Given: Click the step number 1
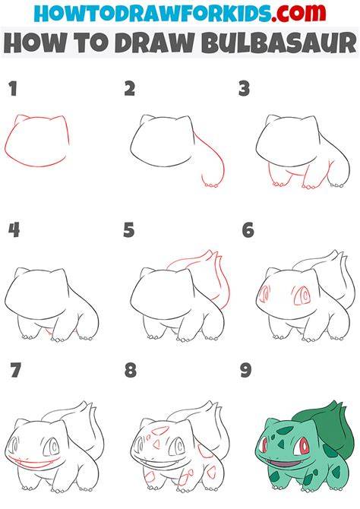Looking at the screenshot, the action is click(13, 89).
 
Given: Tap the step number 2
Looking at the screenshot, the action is click(130, 89).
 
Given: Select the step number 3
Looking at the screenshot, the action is click(244, 89).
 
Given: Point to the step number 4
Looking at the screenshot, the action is click(14, 230).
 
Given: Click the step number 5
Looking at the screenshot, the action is click(129, 230).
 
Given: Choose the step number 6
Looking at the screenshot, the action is click(248, 230).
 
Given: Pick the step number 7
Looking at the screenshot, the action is click(16, 370).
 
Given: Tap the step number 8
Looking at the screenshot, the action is click(130, 370).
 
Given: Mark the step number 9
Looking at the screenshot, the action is click(246, 370).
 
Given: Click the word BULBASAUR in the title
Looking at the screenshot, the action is click(279, 43).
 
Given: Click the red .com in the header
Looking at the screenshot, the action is click(298, 13).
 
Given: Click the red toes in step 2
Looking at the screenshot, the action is click(210, 185).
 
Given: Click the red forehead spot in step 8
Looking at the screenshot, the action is click(159, 431).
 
